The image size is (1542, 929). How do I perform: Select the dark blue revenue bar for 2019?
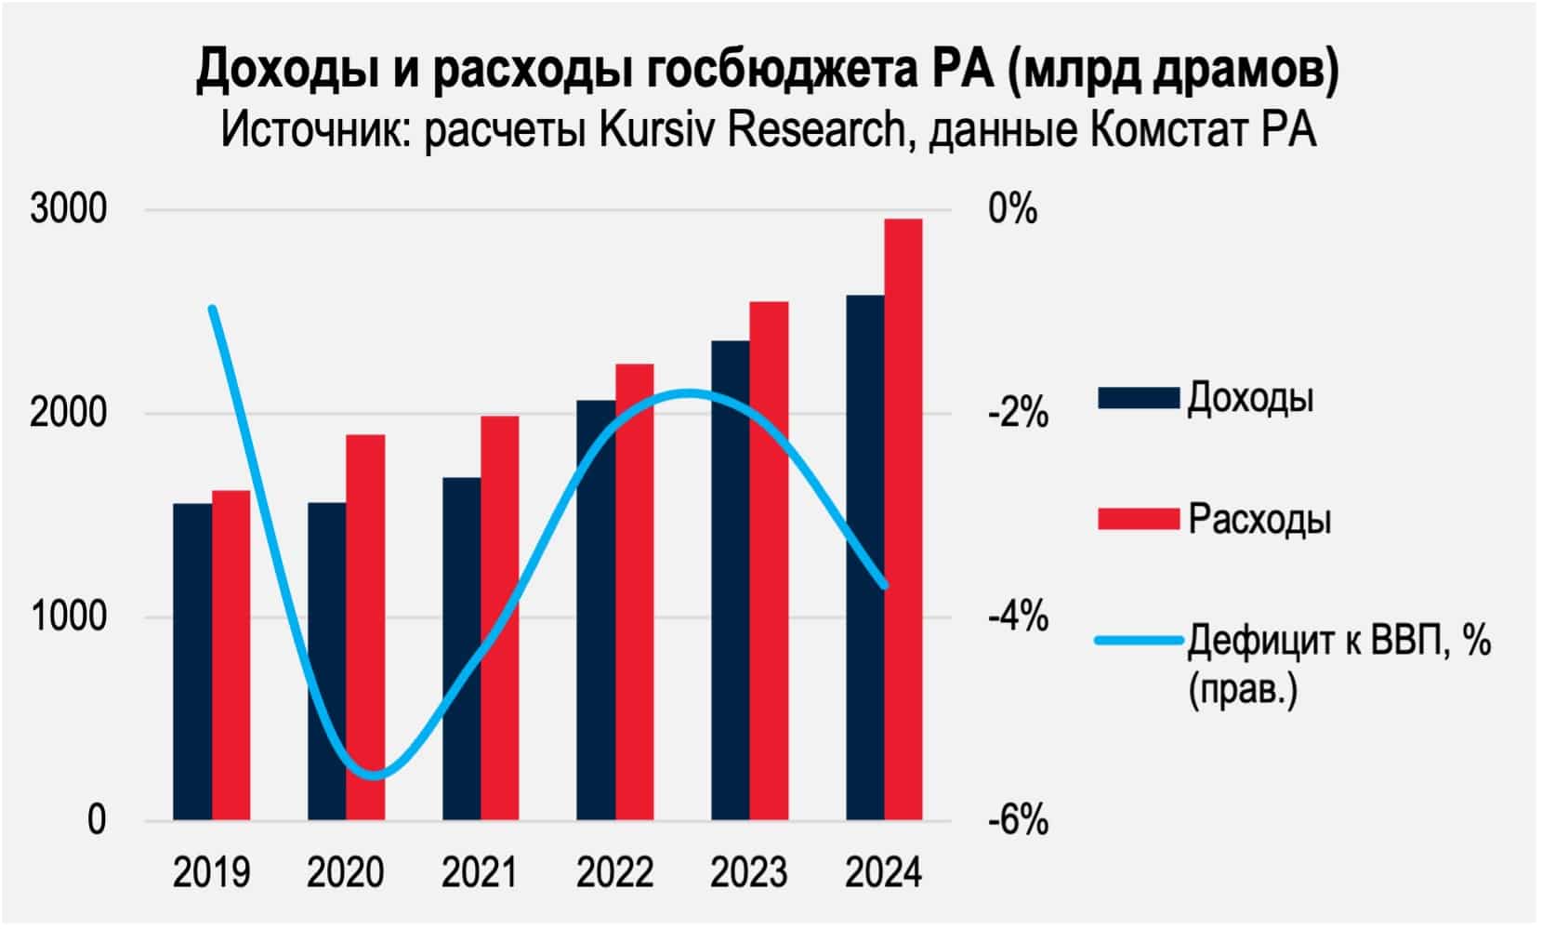pos(192,661)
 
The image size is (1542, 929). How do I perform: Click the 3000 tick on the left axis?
pos(69,209)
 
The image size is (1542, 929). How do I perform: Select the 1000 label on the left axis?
pos(69,617)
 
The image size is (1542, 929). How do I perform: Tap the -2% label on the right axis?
pos(1018,414)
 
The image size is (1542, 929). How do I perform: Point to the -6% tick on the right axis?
pos(1018,821)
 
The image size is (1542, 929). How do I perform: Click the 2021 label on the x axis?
pos(479,873)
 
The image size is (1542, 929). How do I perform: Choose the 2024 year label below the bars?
pos(883,873)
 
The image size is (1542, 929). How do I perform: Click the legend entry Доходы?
pos(1250,398)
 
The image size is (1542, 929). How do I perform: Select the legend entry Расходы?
pos(1259,519)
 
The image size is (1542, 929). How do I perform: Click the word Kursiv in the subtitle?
pos(656,129)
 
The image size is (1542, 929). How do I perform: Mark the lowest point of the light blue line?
pos(375,776)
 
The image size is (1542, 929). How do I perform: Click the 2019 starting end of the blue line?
pos(213,309)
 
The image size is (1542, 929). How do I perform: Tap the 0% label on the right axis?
pos(1013,209)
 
